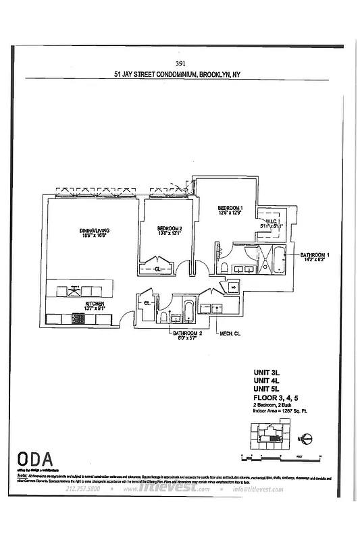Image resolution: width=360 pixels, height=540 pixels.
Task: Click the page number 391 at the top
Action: pos(180,64)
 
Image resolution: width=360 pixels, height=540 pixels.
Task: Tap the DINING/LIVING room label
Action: pos(94,232)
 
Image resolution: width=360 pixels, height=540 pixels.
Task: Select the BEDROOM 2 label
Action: pos(170,228)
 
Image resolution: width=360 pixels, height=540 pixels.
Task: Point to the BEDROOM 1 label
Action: pos(230,207)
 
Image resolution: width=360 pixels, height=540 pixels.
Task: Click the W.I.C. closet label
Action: pos(272,222)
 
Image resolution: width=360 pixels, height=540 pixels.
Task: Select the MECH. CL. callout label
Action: pos(230,334)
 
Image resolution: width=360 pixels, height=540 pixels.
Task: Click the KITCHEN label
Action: pos(94,304)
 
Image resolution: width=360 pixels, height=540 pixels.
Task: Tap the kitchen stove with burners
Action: pos(78,319)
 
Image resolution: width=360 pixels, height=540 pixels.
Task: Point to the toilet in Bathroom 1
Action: pos(224,269)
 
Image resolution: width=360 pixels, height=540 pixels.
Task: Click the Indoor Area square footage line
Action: pos(276,412)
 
